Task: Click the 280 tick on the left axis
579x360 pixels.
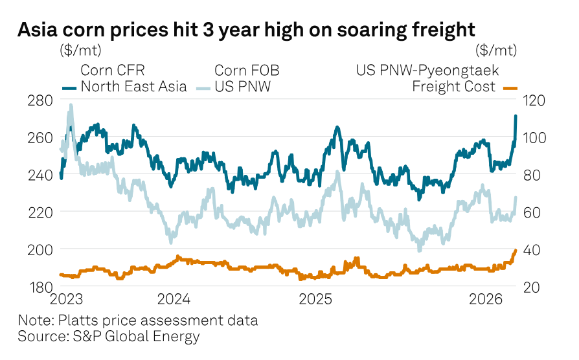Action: tap(41, 100)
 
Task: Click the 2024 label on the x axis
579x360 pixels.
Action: tap(174, 300)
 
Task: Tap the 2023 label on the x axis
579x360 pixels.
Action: tap(68, 300)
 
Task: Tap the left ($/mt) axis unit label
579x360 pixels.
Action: tap(80, 51)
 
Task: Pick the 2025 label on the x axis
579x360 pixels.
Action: tap(315, 300)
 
